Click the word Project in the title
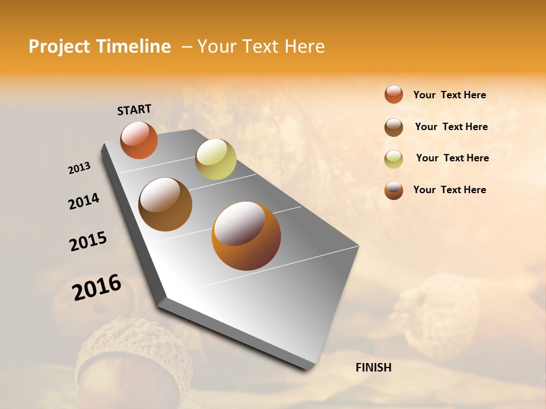point(58,47)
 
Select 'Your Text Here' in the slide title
point(261,47)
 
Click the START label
point(134,110)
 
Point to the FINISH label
point(373,368)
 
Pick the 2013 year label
point(79,168)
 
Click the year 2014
point(84,201)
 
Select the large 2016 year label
point(97,287)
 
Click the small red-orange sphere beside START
point(139,140)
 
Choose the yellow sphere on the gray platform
point(216,159)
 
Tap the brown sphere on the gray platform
point(165,204)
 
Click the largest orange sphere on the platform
point(246,236)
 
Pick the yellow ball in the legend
point(394,159)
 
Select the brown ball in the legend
point(394,127)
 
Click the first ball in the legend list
point(394,94)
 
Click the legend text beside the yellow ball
point(452,158)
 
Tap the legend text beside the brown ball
point(451,127)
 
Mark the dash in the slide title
point(187,47)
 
